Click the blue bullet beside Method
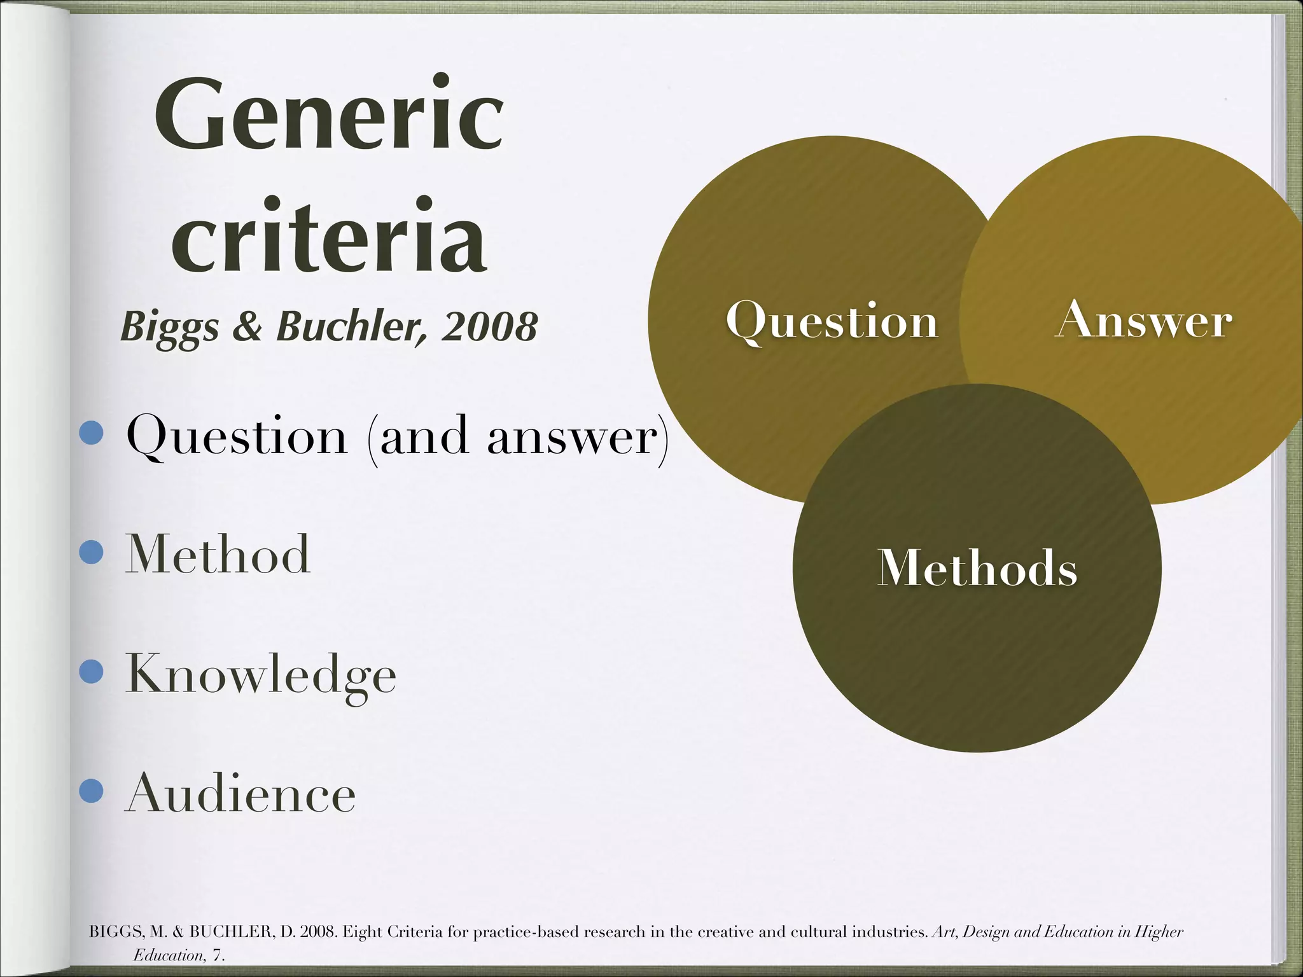point(92,553)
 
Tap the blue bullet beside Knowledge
point(92,673)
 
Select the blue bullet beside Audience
point(92,792)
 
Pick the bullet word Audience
point(240,793)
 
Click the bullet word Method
point(218,554)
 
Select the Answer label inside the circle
point(1143,320)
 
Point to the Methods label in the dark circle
point(977,567)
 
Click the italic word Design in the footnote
point(986,932)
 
